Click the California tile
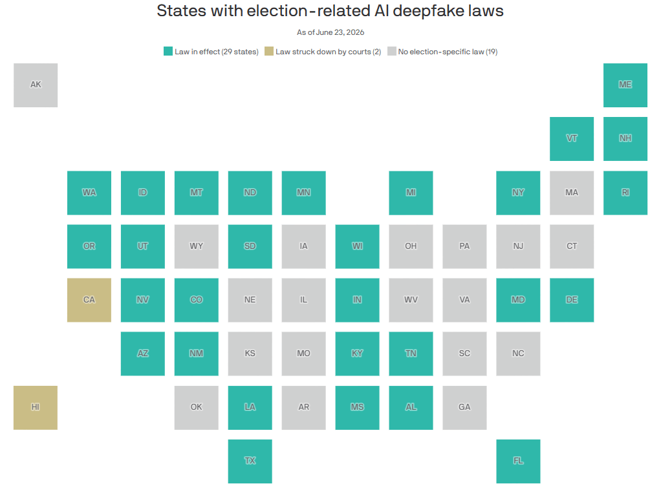coord(89,300)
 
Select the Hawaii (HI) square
coord(36,408)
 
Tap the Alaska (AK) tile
coord(36,85)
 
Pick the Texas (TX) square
coord(250,461)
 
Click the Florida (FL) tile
coord(518,461)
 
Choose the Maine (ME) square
coord(625,85)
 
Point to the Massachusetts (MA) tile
coord(572,193)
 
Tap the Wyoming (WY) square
coord(197,246)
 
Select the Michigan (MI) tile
coord(411,193)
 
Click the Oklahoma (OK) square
coord(197,408)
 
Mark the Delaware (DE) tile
coord(572,300)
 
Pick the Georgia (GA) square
coord(464,408)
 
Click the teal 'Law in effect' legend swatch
coord(168,52)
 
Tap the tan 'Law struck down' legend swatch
coord(269,52)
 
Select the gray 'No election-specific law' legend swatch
coord(392,52)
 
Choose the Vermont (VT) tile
coord(572,139)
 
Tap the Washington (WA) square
coord(89,193)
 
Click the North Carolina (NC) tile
coord(518,354)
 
